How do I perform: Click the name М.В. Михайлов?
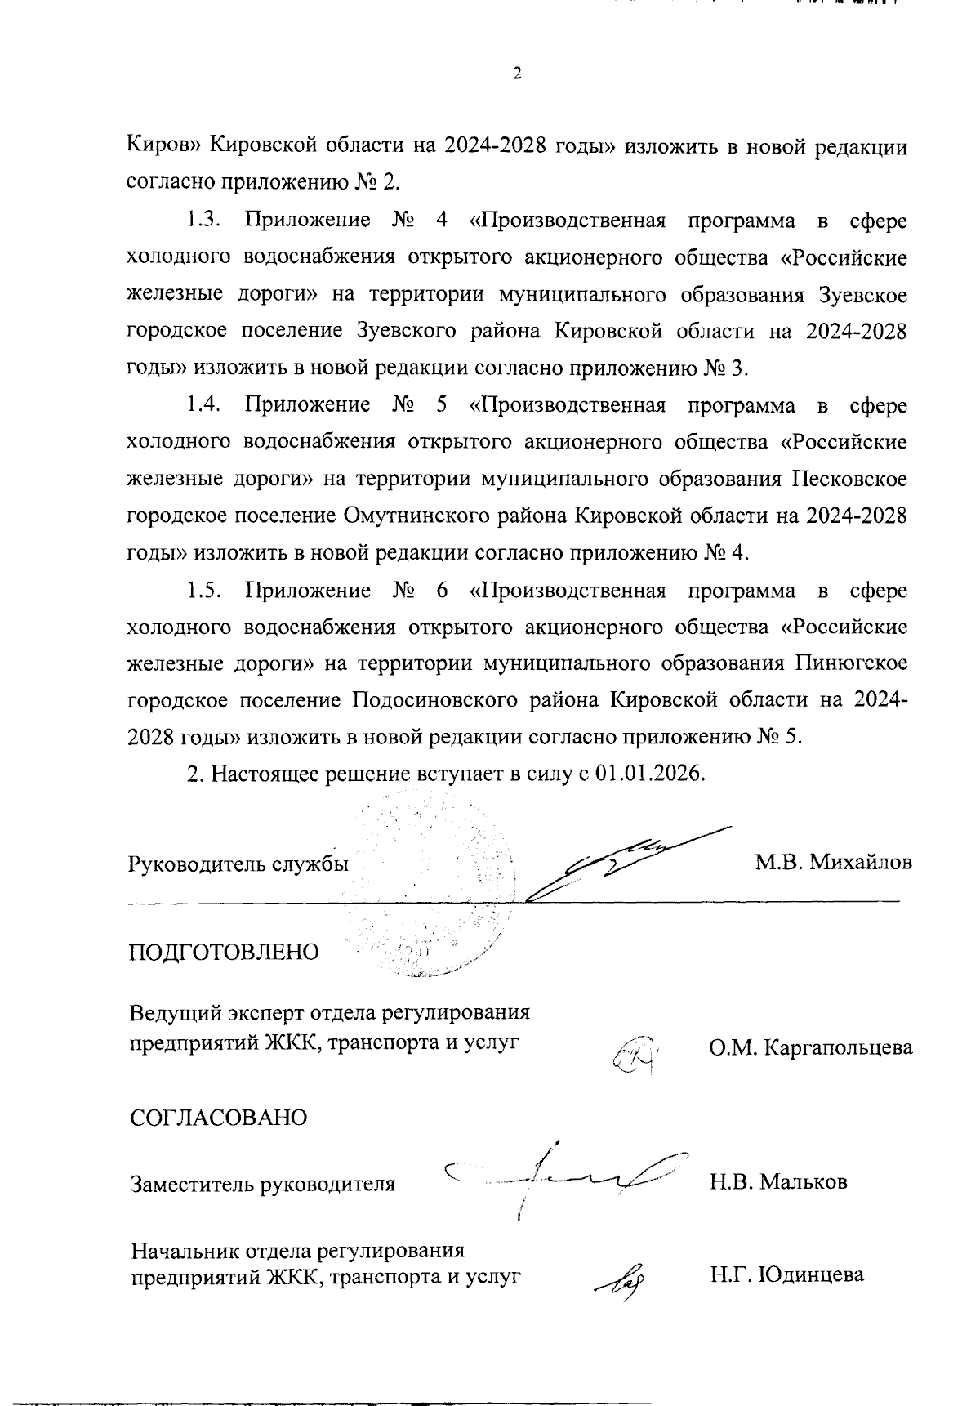833,863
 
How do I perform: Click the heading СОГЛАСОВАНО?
219,1118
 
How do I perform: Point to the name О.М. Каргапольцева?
810,1047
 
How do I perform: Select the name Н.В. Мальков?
778,1181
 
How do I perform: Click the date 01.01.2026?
648,773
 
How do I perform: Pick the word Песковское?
849,480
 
